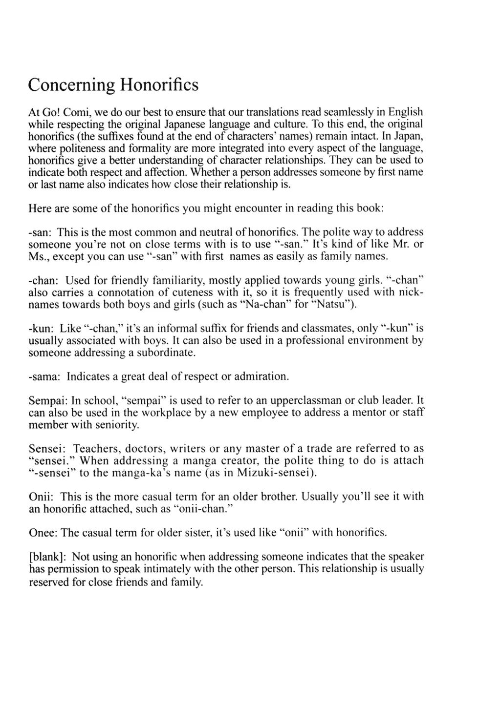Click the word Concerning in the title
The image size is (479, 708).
click(x=71, y=85)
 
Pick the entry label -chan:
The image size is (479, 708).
click(x=44, y=280)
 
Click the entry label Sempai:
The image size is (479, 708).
click(x=48, y=400)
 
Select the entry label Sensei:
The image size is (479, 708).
click(x=47, y=448)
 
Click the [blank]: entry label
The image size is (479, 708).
click(x=47, y=557)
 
